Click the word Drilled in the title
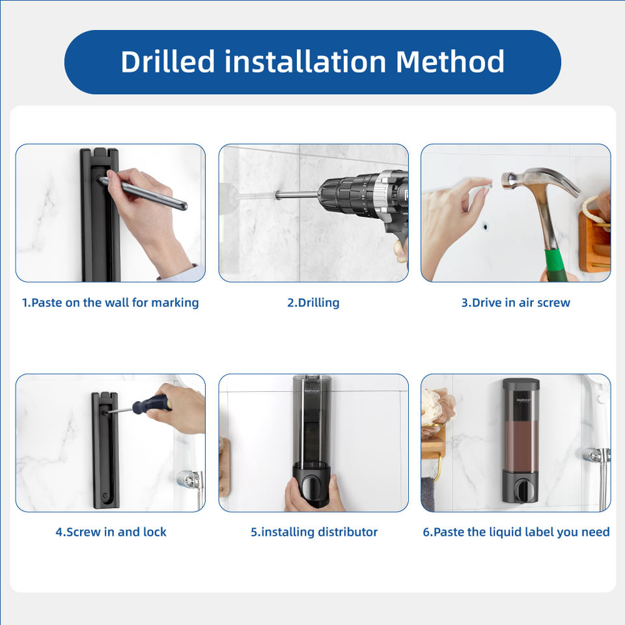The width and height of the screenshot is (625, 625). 168,61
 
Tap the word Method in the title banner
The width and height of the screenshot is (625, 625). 450,61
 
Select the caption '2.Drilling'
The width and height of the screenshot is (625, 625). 313,303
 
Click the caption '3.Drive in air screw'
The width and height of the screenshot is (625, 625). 516,303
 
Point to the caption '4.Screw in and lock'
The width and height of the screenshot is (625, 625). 111,532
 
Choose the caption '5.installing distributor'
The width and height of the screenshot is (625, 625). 314,532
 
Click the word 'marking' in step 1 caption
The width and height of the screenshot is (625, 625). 175,303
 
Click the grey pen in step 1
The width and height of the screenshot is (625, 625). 143,193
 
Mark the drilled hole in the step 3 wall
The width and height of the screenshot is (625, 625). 486,227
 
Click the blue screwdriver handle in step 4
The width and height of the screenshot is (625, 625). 152,404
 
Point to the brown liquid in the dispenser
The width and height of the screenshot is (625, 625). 521,446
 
